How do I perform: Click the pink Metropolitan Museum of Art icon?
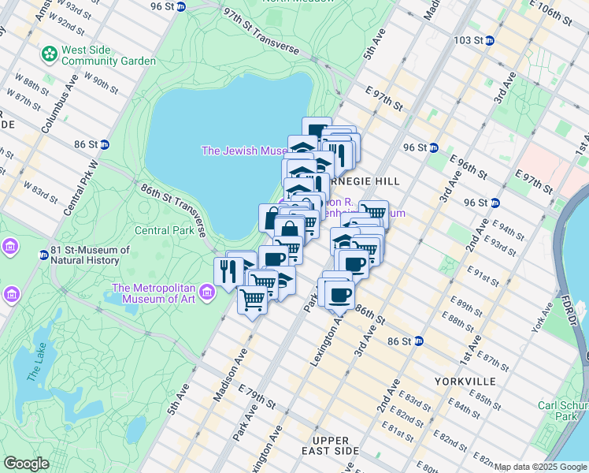(208, 293)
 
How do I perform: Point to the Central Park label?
(164, 231)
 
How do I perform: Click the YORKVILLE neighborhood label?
(465, 381)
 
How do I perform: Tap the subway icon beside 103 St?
(489, 39)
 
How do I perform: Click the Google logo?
(26, 464)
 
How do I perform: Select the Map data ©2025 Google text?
(541, 467)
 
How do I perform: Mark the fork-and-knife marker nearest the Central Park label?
(227, 272)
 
